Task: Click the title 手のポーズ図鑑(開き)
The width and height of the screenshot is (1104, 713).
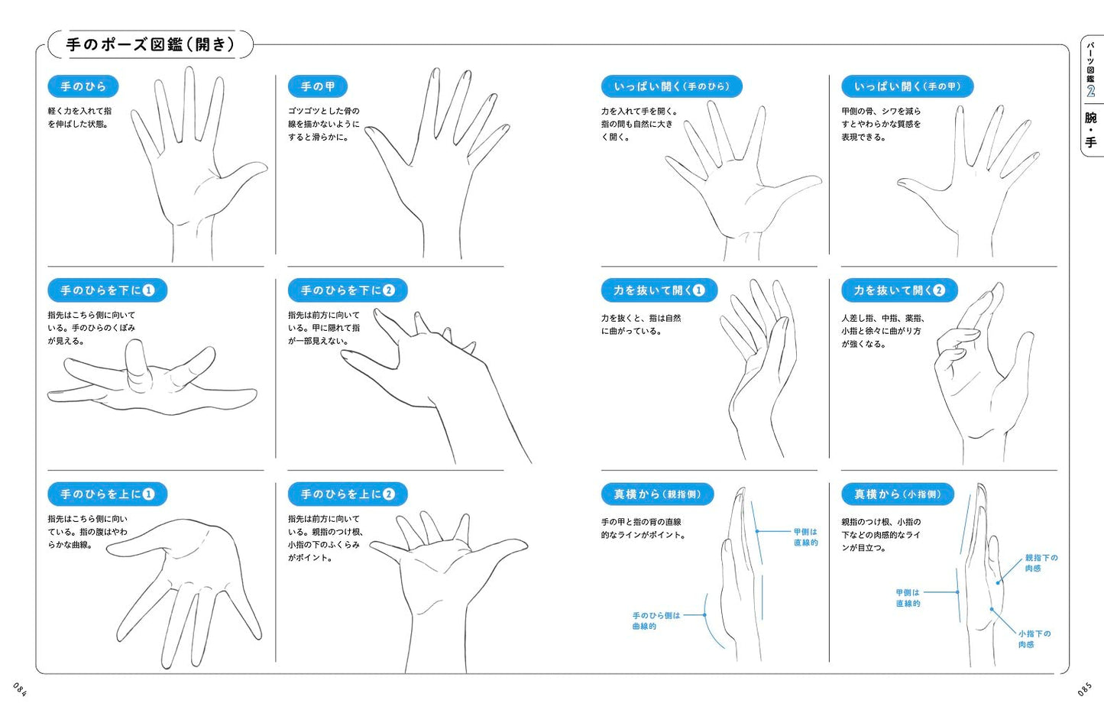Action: (x=151, y=45)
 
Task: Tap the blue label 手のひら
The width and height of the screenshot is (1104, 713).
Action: (x=83, y=87)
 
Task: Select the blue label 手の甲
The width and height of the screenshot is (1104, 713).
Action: (x=318, y=87)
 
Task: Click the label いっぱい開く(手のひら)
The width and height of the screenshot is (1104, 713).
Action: (x=672, y=87)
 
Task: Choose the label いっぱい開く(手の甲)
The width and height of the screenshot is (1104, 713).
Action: (x=908, y=87)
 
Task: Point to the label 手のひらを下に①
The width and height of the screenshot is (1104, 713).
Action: (x=108, y=290)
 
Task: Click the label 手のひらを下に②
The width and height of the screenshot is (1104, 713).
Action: (x=348, y=290)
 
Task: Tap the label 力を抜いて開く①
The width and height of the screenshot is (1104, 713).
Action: (x=659, y=290)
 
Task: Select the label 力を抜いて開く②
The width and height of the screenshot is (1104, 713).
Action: (x=899, y=290)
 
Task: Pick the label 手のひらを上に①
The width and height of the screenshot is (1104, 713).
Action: (x=108, y=494)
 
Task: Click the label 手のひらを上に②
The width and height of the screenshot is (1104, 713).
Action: (x=348, y=494)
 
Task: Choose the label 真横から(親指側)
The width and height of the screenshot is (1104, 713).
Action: (x=658, y=494)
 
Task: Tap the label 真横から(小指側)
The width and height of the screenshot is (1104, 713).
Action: (x=898, y=494)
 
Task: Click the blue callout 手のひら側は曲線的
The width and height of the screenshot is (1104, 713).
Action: (x=656, y=621)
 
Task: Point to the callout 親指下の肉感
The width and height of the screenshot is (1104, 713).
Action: (x=1041, y=563)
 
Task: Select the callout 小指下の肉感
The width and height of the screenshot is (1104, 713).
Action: (x=1034, y=639)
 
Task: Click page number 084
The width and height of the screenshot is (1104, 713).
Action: (x=20, y=689)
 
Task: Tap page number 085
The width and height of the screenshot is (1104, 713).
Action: (x=1084, y=689)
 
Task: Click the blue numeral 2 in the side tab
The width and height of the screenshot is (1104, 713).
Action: (x=1091, y=91)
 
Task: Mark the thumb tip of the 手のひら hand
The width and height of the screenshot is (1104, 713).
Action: (x=265, y=167)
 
